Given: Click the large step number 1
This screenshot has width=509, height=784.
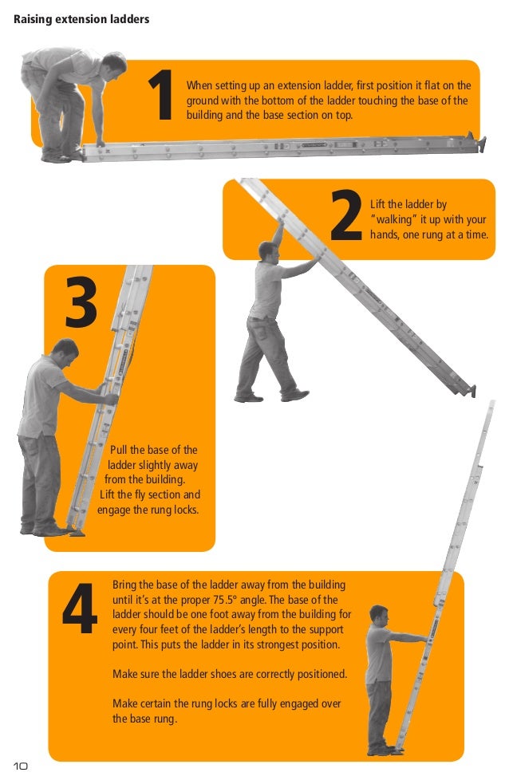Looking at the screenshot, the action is click(161, 95).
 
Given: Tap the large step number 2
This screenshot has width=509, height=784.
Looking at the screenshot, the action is click(346, 215).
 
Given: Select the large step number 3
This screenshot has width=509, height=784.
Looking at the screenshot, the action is click(81, 302).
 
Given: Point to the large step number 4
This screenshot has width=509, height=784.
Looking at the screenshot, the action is click(80, 609).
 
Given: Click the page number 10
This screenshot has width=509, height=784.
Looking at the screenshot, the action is click(21, 766).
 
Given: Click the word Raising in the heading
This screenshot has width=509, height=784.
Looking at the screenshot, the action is click(33, 19).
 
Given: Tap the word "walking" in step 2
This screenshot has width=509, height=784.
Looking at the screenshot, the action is click(394, 219).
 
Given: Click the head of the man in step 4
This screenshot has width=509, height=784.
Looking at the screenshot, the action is click(379, 617).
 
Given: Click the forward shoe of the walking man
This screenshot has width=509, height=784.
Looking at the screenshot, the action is click(295, 396).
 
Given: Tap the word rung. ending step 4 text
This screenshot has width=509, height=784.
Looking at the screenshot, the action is click(164, 719).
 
